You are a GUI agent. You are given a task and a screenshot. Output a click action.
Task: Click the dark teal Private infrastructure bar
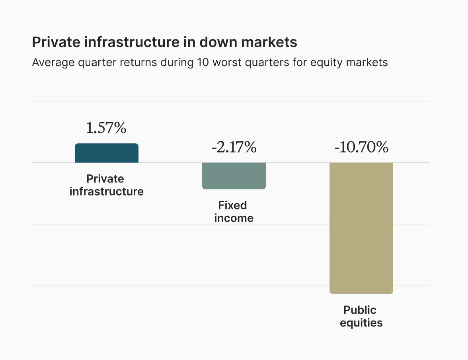[107, 153]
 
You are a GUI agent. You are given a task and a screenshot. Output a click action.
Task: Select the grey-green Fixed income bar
[234, 176]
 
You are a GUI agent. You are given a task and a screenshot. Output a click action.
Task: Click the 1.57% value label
[106, 128]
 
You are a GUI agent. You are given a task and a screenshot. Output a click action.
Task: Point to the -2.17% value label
[234, 148]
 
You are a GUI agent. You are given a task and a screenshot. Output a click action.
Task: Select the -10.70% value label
[361, 148]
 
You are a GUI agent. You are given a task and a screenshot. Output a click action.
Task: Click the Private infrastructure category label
[106, 185]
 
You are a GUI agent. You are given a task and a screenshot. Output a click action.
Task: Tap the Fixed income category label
[234, 212]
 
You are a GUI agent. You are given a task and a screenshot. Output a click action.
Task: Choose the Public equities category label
[361, 316]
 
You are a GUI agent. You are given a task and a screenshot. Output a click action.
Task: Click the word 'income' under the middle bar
[234, 218]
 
